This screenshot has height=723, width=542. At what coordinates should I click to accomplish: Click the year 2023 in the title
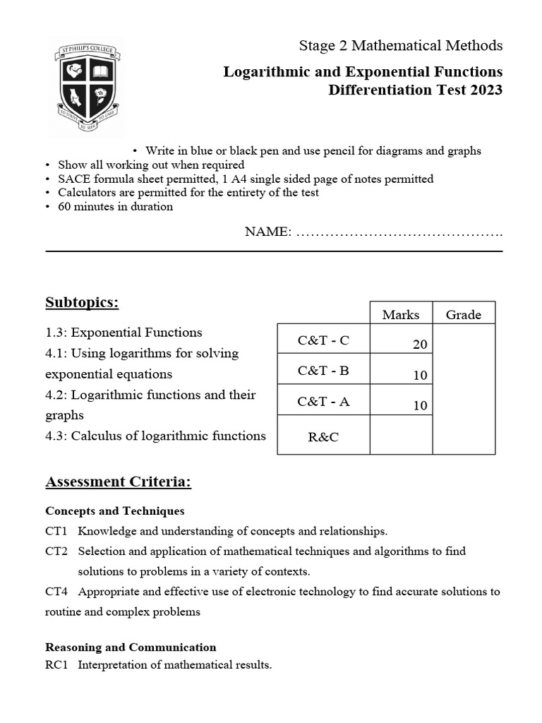pyautogui.click(x=486, y=90)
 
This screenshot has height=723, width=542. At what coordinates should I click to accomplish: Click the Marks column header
pyautogui.click(x=400, y=315)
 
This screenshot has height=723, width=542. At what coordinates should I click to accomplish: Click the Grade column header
pyautogui.click(x=463, y=315)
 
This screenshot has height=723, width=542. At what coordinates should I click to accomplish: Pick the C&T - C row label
pyautogui.click(x=323, y=340)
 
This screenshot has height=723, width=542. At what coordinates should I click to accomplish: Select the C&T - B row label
pyautogui.click(x=323, y=371)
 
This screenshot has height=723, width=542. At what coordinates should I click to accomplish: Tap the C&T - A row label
pyautogui.click(x=323, y=401)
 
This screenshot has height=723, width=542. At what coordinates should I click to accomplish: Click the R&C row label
pyautogui.click(x=323, y=437)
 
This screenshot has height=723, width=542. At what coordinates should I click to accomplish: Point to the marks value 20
pyautogui.click(x=420, y=345)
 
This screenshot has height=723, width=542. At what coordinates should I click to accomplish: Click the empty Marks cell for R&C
pyautogui.click(x=401, y=435)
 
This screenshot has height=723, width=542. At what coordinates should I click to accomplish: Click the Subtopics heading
pyautogui.click(x=82, y=303)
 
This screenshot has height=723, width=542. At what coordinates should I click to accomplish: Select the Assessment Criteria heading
pyautogui.click(x=119, y=482)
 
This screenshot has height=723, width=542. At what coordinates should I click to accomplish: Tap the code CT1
pyautogui.click(x=56, y=531)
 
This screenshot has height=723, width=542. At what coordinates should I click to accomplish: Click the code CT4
pyautogui.click(x=56, y=592)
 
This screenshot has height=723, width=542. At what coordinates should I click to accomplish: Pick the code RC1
pyautogui.click(x=56, y=665)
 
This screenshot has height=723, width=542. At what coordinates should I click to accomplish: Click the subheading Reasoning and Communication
pyautogui.click(x=131, y=647)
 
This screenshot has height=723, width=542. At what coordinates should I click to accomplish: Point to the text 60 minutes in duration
pyautogui.click(x=115, y=207)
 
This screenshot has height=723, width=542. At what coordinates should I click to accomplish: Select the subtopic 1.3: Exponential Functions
pyautogui.click(x=124, y=333)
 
